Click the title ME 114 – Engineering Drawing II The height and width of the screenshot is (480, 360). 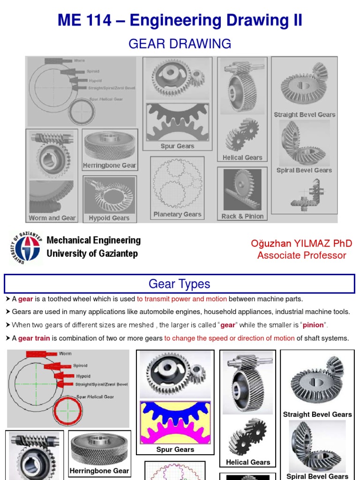[x=180, y=21]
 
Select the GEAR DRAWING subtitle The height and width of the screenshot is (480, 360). [x=180, y=44]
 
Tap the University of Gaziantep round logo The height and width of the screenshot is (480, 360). [x=26, y=247]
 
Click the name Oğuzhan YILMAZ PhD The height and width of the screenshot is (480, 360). [x=301, y=243]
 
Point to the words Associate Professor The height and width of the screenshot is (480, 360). [x=301, y=255]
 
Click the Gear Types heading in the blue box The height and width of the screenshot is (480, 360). [x=180, y=284]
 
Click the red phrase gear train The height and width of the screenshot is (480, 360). [x=34, y=338]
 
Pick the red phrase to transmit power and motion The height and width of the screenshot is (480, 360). [x=182, y=299]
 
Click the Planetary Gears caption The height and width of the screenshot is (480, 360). [x=177, y=215]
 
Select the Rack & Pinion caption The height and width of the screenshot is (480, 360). [x=242, y=217]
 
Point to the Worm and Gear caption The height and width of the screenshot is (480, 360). [x=52, y=218]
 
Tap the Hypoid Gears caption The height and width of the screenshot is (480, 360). [x=109, y=218]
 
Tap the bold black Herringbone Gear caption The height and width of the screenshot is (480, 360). [x=99, y=471]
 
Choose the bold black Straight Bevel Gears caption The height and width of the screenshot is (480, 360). [x=317, y=414]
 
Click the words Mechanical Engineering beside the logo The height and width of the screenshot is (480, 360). [x=93, y=240]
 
